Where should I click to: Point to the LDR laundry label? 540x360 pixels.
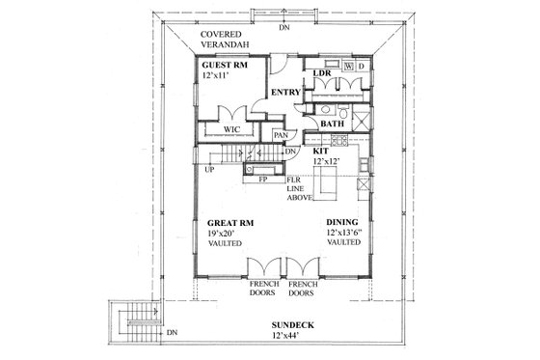tap(323, 74)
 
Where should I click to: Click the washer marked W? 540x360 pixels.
tap(348, 67)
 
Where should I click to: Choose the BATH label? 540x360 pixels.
tap(333, 124)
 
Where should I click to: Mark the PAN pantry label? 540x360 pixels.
tap(282, 136)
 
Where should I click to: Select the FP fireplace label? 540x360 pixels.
tap(261, 180)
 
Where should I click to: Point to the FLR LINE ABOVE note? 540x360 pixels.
tap(298, 191)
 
